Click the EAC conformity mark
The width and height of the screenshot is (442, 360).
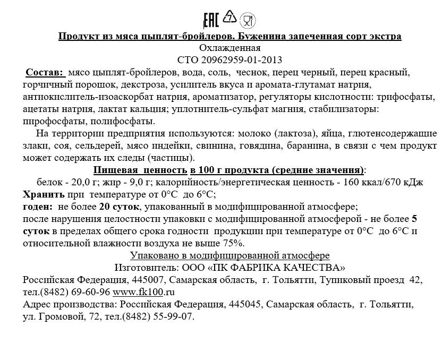pyautogui.click(x=211, y=20)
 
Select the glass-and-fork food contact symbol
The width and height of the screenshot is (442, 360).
pyautogui.click(x=248, y=21)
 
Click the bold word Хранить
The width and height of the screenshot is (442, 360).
pyautogui.click(x=44, y=194)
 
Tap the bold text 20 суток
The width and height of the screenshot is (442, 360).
pyautogui.click(x=119, y=206)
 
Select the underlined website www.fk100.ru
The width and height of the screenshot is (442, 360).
pyautogui.click(x=144, y=292)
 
